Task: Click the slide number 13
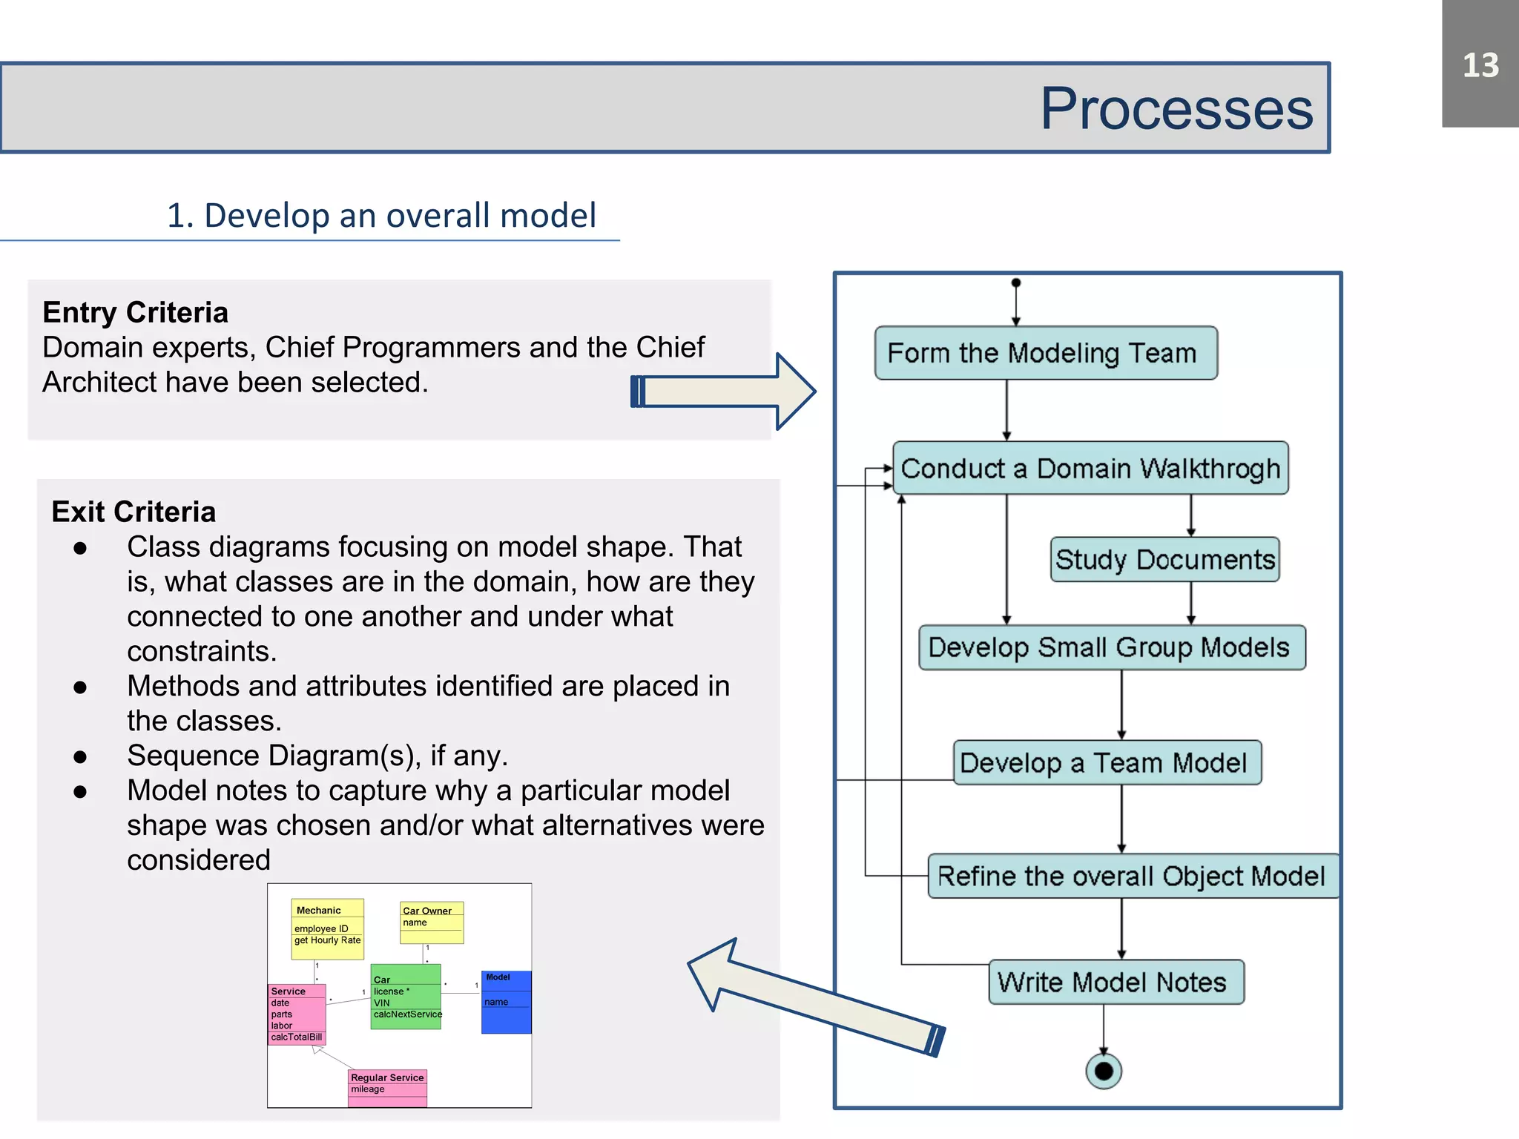click(x=1480, y=65)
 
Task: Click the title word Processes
click(x=1176, y=109)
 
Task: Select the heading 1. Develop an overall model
click(x=381, y=216)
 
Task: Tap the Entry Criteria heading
click(x=135, y=312)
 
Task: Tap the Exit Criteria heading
click(x=134, y=512)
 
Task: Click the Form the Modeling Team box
click(x=1045, y=353)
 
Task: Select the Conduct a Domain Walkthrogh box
click(x=1090, y=469)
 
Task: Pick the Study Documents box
click(x=1164, y=559)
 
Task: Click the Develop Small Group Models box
click(x=1111, y=647)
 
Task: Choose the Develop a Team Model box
click(x=1106, y=762)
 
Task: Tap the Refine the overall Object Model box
click(x=1132, y=876)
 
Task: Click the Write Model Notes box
click(x=1115, y=982)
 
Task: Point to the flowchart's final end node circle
click(x=1104, y=1071)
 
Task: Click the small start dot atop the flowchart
click(x=1016, y=283)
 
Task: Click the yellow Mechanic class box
click(x=327, y=928)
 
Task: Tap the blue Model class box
click(x=506, y=1002)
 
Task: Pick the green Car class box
click(x=405, y=997)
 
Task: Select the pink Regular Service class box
click(x=387, y=1088)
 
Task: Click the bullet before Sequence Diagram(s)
click(x=80, y=756)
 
